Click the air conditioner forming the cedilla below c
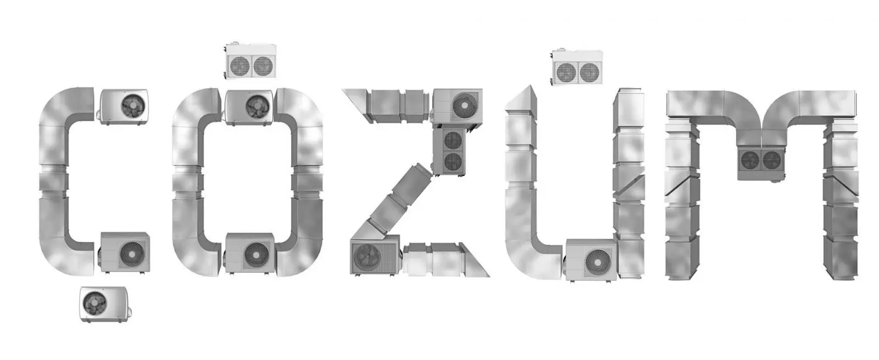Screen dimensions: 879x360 105,304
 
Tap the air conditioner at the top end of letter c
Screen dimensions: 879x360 124,107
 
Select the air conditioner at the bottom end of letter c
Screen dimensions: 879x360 124,252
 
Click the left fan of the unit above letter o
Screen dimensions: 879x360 240,67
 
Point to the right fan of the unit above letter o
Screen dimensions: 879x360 263,67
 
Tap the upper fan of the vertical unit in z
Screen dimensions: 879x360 453,140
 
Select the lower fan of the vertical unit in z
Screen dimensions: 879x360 453,162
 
